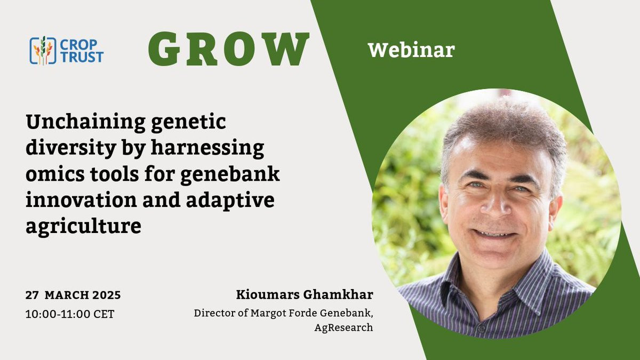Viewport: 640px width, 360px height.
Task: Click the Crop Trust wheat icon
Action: point(43,51)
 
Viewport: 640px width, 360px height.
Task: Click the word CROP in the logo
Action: point(78,45)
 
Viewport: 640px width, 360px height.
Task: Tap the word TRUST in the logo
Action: point(82,57)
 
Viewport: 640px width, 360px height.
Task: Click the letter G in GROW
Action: point(164,49)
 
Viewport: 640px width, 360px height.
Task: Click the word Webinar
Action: point(411,50)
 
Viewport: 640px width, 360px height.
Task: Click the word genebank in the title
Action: point(230,174)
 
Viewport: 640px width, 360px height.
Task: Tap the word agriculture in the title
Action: point(83,226)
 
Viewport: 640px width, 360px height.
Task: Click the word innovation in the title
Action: point(82,199)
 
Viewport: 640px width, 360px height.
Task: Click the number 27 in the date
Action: point(32,295)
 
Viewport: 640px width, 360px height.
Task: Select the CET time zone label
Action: point(104,314)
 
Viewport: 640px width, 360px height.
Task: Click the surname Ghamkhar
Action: point(338,294)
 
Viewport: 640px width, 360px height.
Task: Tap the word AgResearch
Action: point(343,327)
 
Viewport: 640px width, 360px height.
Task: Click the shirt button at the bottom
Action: point(481,329)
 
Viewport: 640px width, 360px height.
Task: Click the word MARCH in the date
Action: point(67,295)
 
